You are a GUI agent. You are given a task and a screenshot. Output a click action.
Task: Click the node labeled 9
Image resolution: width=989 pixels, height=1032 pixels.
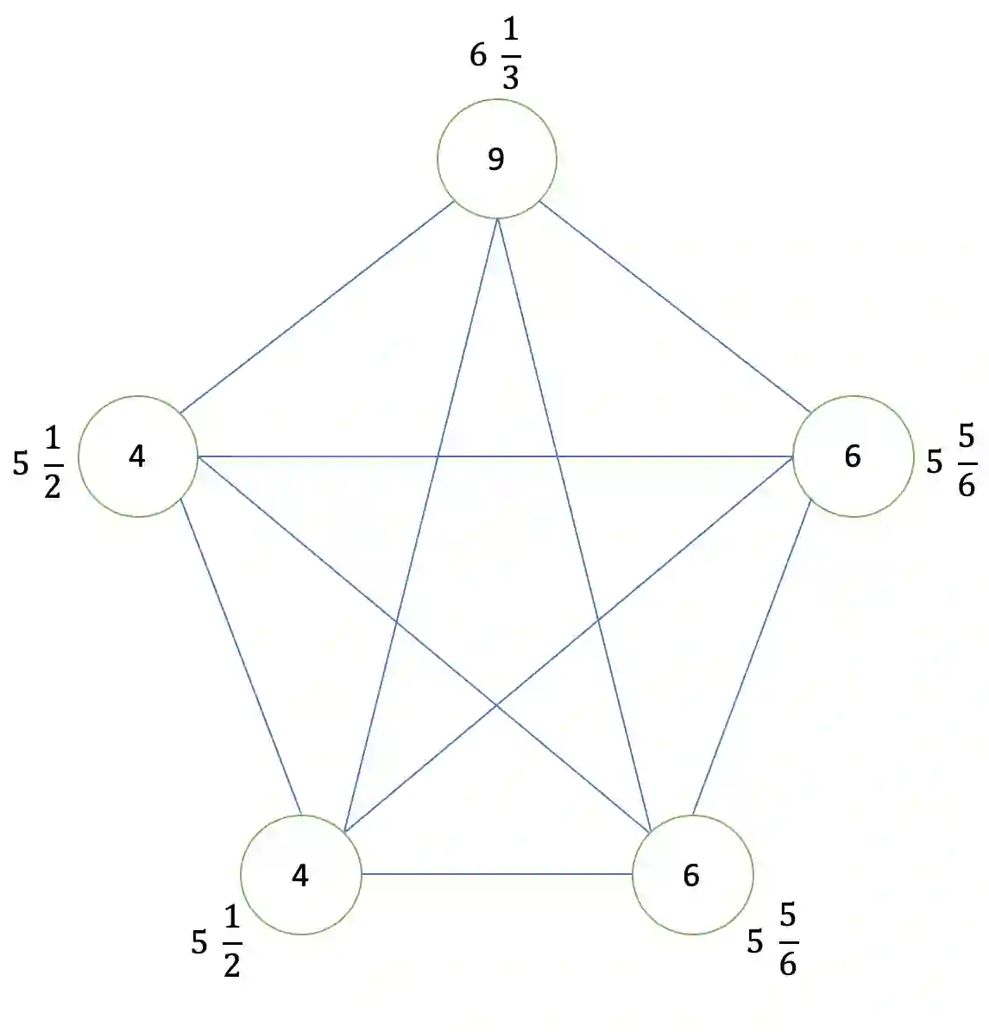[496, 159]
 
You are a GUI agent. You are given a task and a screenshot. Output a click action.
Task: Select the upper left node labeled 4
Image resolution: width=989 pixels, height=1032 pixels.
[138, 456]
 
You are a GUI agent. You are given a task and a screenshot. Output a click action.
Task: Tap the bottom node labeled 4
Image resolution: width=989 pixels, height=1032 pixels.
[300, 875]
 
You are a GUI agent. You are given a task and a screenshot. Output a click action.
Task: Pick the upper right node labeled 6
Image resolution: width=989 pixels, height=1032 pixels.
[852, 456]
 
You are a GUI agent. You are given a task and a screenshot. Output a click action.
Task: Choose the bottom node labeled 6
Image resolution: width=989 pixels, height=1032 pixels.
[692, 875]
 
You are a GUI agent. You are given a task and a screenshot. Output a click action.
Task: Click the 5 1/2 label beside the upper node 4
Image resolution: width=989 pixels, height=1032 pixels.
[39, 464]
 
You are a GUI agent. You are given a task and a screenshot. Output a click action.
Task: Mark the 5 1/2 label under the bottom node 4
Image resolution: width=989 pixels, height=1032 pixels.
[217, 943]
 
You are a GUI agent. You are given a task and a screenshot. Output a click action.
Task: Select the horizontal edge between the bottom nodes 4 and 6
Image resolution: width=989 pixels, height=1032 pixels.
[496, 874]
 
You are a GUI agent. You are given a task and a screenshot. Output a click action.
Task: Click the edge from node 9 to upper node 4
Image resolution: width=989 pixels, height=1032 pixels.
[318, 308]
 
